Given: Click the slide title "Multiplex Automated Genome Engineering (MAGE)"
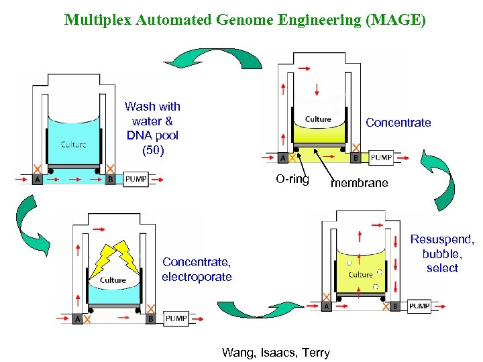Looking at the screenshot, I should click(245, 19).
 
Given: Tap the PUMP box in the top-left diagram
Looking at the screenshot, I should click(136, 180).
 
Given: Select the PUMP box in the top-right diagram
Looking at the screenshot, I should click(381, 158).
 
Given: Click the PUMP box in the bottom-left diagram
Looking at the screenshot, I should click(176, 318).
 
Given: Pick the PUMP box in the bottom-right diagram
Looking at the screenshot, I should click(419, 306).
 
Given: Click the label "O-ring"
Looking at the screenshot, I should click(292, 179).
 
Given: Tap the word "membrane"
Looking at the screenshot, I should click(360, 183).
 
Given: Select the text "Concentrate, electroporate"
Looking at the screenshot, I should click(197, 269).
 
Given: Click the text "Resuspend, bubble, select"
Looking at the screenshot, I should click(442, 253).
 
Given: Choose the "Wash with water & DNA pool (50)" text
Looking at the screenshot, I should click(152, 128).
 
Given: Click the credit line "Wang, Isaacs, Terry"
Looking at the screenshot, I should click(276, 352).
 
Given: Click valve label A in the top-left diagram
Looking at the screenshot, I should click(36, 180).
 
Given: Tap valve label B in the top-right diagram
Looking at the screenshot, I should click(355, 158).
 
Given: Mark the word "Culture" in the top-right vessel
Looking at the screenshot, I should click(318, 119).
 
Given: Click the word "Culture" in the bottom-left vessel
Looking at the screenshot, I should click(113, 280).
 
